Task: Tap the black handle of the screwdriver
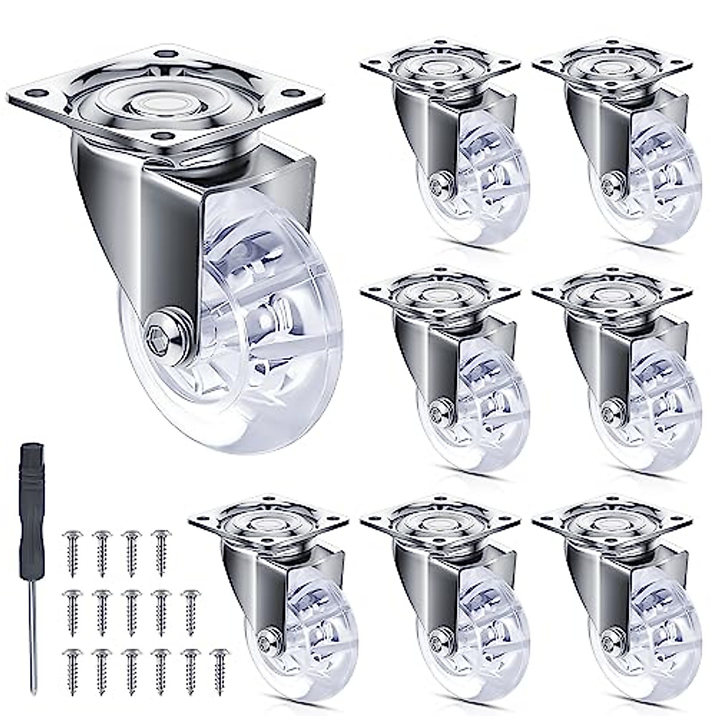click(31, 507)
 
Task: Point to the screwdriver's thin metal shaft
click(33, 632)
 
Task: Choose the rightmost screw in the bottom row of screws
click(219, 671)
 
